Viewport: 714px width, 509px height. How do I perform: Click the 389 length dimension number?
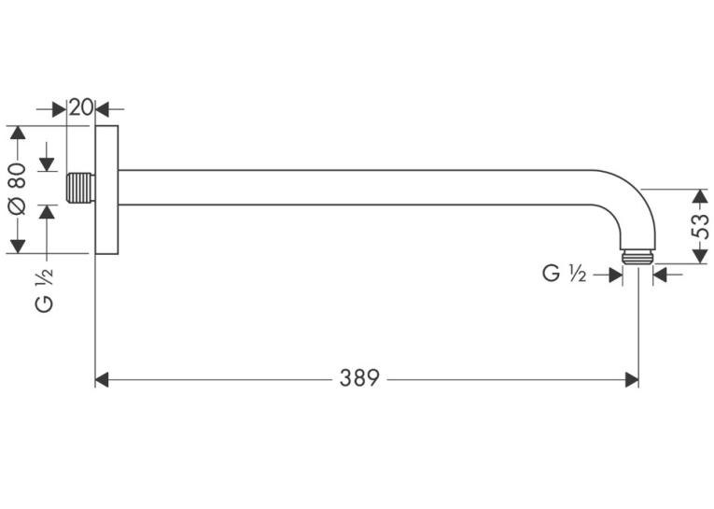(x=359, y=378)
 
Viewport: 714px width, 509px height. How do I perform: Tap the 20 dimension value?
(x=81, y=107)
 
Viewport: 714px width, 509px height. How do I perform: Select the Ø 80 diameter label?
(x=18, y=188)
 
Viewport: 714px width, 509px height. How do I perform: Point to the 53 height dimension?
(x=700, y=226)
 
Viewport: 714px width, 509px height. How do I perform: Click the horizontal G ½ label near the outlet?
(x=564, y=274)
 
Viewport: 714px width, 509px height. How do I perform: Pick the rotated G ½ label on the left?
(x=44, y=290)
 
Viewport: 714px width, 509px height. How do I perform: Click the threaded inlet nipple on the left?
(x=81, y=188)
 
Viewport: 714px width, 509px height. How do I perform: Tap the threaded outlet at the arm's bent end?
(x=637, y=257)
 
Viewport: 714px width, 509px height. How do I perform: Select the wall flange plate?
(x=107, y=190)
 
